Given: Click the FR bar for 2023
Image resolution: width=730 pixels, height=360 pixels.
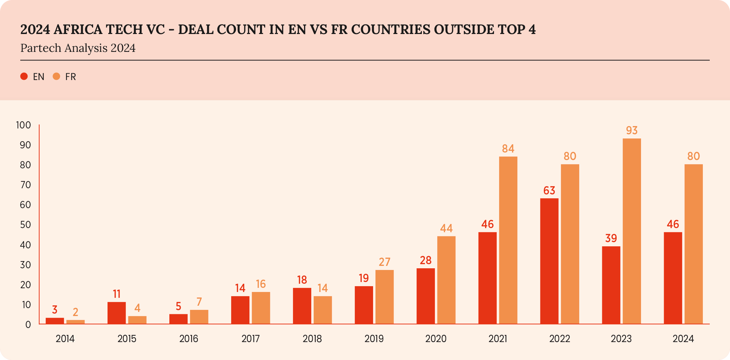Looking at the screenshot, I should click(631, 231).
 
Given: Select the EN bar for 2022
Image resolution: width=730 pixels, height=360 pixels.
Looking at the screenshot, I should click(549, 261).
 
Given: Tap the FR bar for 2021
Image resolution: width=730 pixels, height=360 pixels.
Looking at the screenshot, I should click(508, 240).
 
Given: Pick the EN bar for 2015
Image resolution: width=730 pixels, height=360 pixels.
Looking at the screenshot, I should click(116, 313).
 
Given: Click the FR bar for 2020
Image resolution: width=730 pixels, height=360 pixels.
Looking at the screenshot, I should click(446, 280).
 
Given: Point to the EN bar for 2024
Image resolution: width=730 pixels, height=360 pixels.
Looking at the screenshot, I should click(673, 278).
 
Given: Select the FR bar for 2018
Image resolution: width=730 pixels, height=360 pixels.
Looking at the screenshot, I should click(323, 310).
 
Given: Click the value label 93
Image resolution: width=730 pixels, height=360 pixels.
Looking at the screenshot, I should click(631, 131).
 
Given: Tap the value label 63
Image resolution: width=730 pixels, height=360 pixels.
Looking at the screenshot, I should click(549, 190).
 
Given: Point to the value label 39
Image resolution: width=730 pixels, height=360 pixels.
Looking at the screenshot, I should click(611, 238).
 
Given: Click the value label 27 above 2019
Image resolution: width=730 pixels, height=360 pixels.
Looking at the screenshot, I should click(384, 262).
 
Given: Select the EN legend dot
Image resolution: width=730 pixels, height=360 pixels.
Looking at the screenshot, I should click(24, 77).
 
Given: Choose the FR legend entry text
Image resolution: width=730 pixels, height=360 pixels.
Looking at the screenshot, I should click(70, 77).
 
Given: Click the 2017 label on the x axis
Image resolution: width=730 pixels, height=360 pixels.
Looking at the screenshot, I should click(250, 339).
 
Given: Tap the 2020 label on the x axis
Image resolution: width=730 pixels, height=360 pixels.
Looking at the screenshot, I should click(436, 339).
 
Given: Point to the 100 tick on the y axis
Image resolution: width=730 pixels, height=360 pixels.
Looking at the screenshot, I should click(23, 125).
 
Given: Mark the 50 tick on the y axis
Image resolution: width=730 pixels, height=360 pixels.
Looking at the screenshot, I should click(25, 225).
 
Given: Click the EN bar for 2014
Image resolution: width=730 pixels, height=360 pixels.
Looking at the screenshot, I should click(55, 321).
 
